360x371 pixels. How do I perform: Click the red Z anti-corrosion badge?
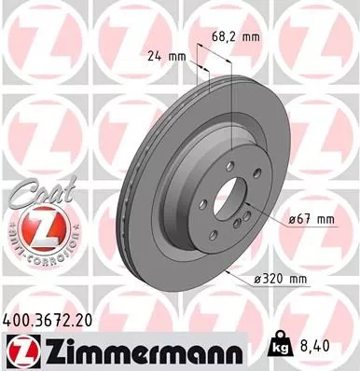pyautogui.click(x=35, y=229)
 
